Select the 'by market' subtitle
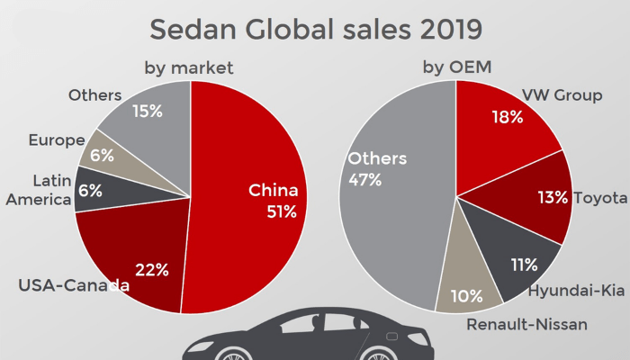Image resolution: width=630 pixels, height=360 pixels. coord(189,67)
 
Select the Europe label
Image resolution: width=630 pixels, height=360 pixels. coord(56,140)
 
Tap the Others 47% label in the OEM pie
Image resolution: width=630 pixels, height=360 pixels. coord(377,169)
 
